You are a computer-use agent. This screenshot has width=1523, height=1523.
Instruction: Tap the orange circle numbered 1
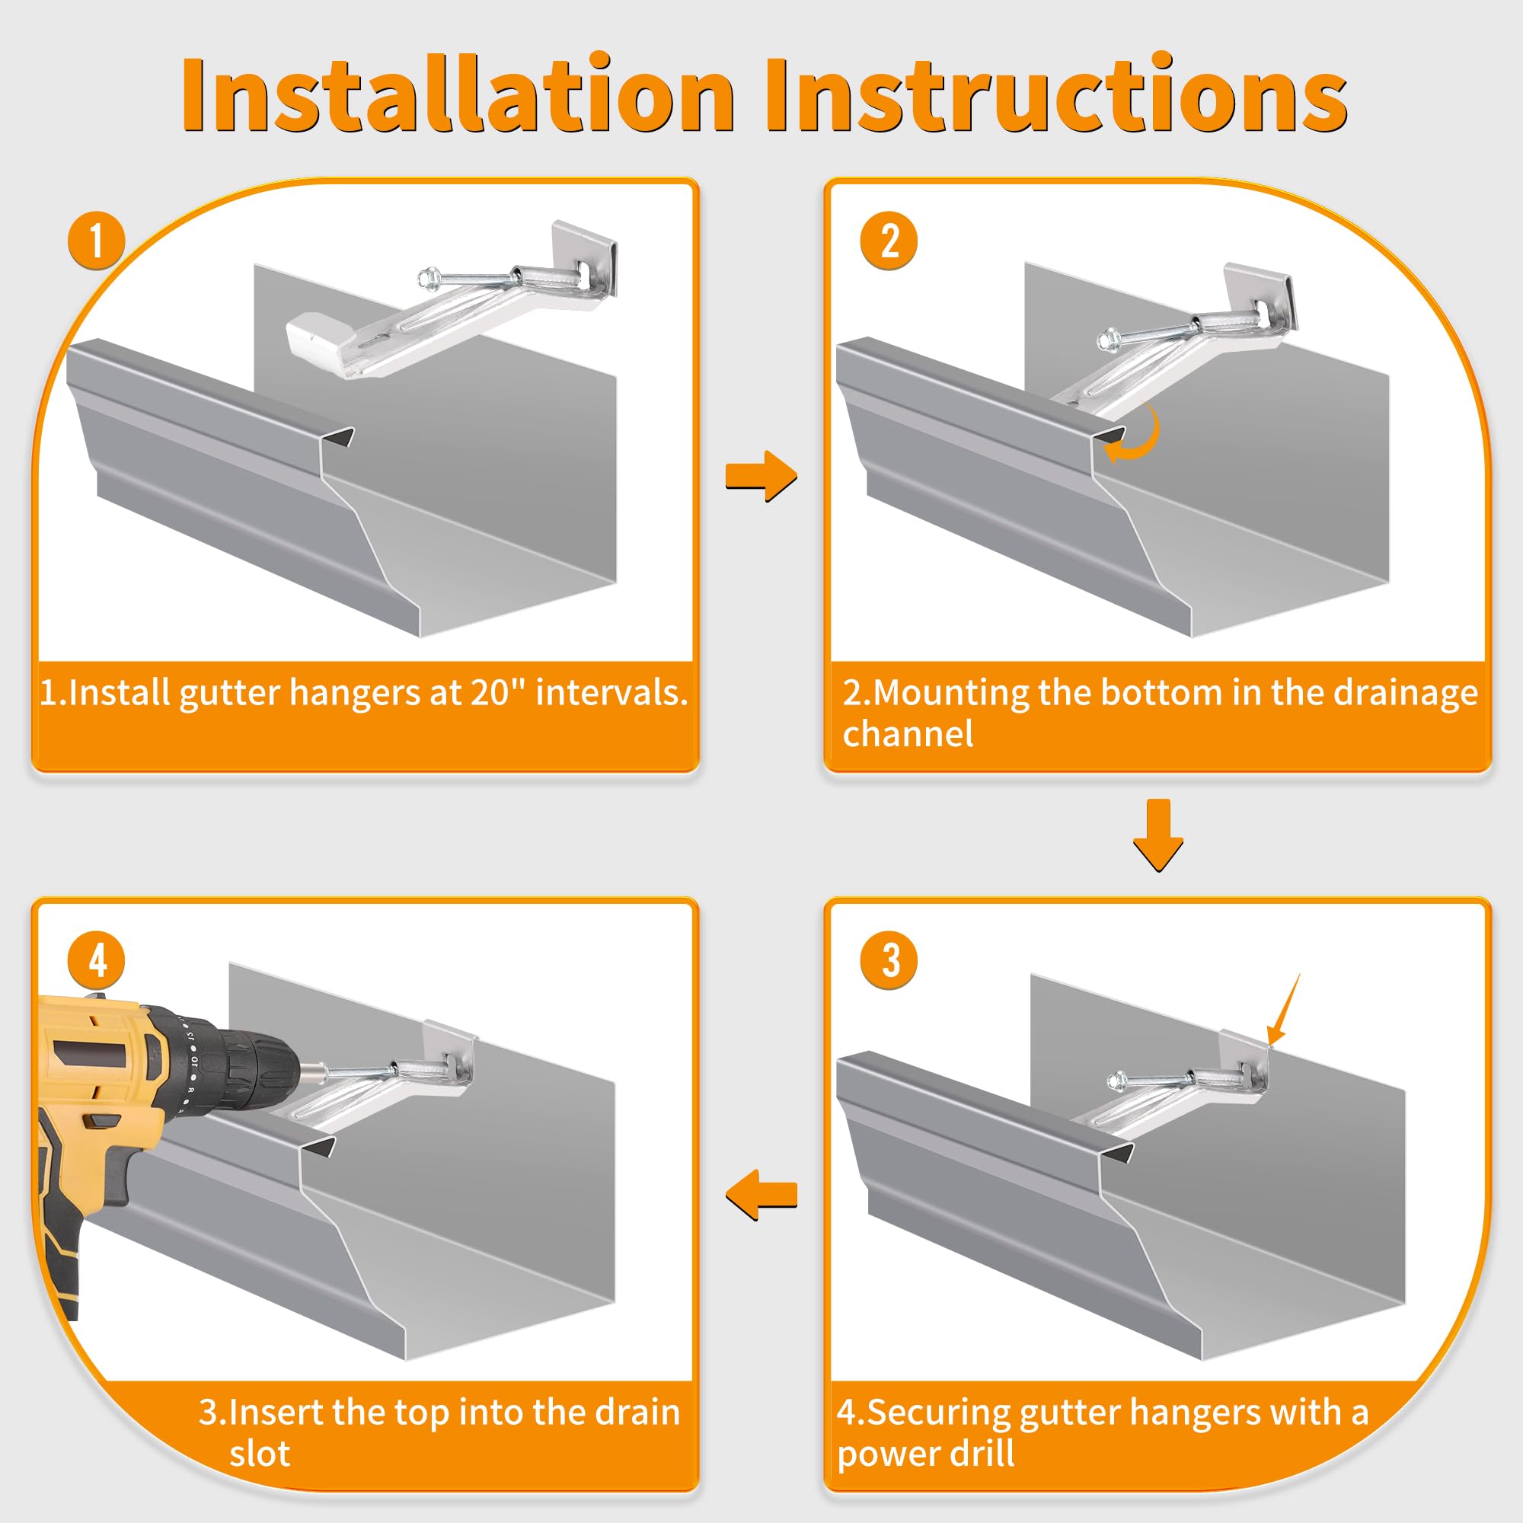96,241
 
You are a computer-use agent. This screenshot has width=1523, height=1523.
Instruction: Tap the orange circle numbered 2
889,241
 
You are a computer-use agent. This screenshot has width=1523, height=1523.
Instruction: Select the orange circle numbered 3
889,960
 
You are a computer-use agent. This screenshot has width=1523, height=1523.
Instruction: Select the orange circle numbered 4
96,960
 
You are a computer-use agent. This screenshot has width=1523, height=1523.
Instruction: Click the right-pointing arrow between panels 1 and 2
761,476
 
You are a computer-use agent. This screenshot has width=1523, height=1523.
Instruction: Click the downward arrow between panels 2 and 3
1158,835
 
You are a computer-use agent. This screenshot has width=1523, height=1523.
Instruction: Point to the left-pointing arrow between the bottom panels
761,1194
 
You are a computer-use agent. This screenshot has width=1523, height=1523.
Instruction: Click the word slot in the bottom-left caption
260,1453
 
